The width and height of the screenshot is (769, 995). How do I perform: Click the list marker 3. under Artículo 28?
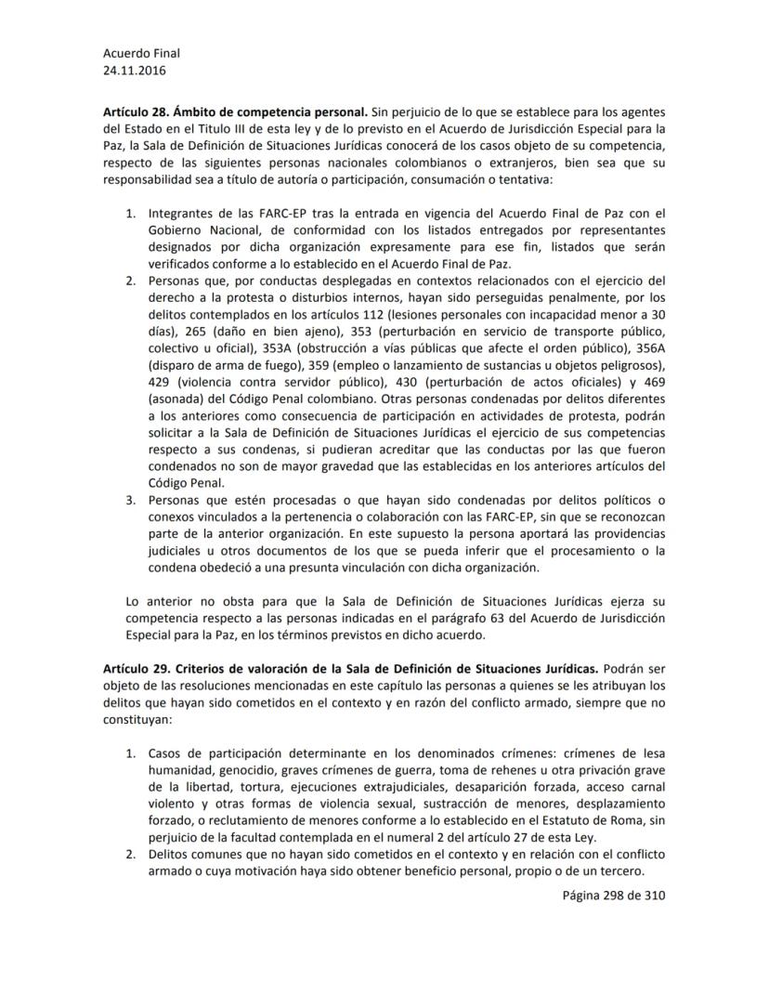[x=131, y=500]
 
